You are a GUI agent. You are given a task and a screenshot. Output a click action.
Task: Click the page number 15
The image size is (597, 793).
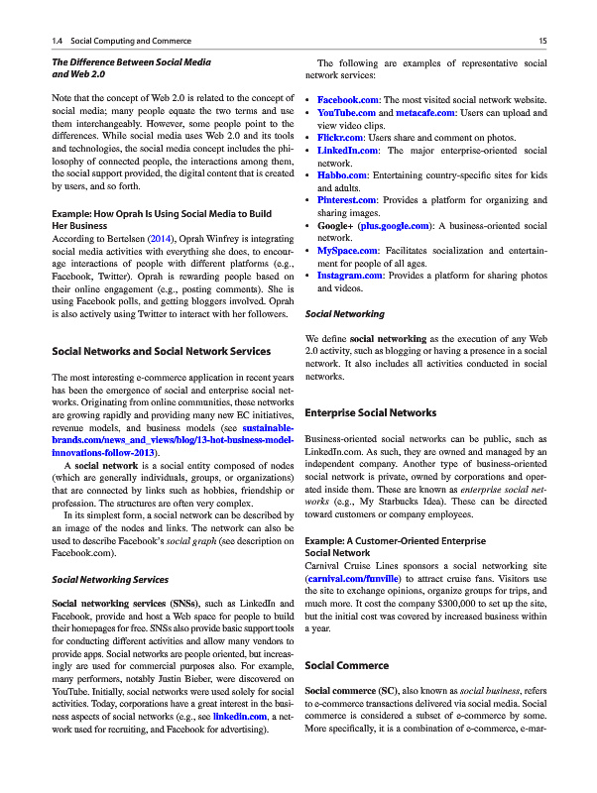(543, 41)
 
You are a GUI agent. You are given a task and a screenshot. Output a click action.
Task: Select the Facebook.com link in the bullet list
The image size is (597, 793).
(349, 101)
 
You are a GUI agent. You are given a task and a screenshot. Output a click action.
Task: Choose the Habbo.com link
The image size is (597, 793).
(340, 174)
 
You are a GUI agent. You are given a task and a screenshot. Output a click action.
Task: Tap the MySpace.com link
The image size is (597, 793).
(346, 251)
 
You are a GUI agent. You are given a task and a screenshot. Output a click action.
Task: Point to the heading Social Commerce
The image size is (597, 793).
(348, 665)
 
